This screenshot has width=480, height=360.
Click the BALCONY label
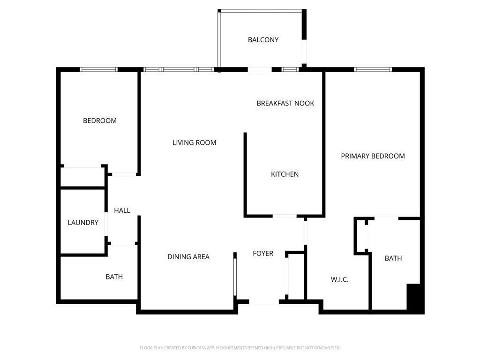(263, 40)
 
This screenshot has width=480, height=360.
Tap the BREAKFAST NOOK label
(285, 103)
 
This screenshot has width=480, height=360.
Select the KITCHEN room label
(285, 174)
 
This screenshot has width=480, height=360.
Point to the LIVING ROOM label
(194, 142)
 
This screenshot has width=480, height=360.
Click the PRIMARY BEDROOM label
(373, 156)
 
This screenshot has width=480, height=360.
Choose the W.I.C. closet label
(339, 279)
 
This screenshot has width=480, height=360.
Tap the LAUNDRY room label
(83, 223)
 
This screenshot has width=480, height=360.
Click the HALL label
(122, 210)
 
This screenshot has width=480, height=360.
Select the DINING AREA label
(188, 257)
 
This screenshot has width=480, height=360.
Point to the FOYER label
(263, 254)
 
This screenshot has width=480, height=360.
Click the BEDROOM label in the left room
(100, 120)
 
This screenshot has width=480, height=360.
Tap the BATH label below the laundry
(114, 277)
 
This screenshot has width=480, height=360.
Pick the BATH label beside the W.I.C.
(393, 258)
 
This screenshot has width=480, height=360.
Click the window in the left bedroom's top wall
(98, 69)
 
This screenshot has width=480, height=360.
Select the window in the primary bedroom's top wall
(373, 69)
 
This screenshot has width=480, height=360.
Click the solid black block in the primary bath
(415, 298)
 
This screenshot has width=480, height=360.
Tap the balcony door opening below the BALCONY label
(259, 69)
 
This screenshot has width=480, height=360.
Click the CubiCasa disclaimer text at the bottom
(240, 348)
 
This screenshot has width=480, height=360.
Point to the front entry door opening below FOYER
(264, 302)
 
